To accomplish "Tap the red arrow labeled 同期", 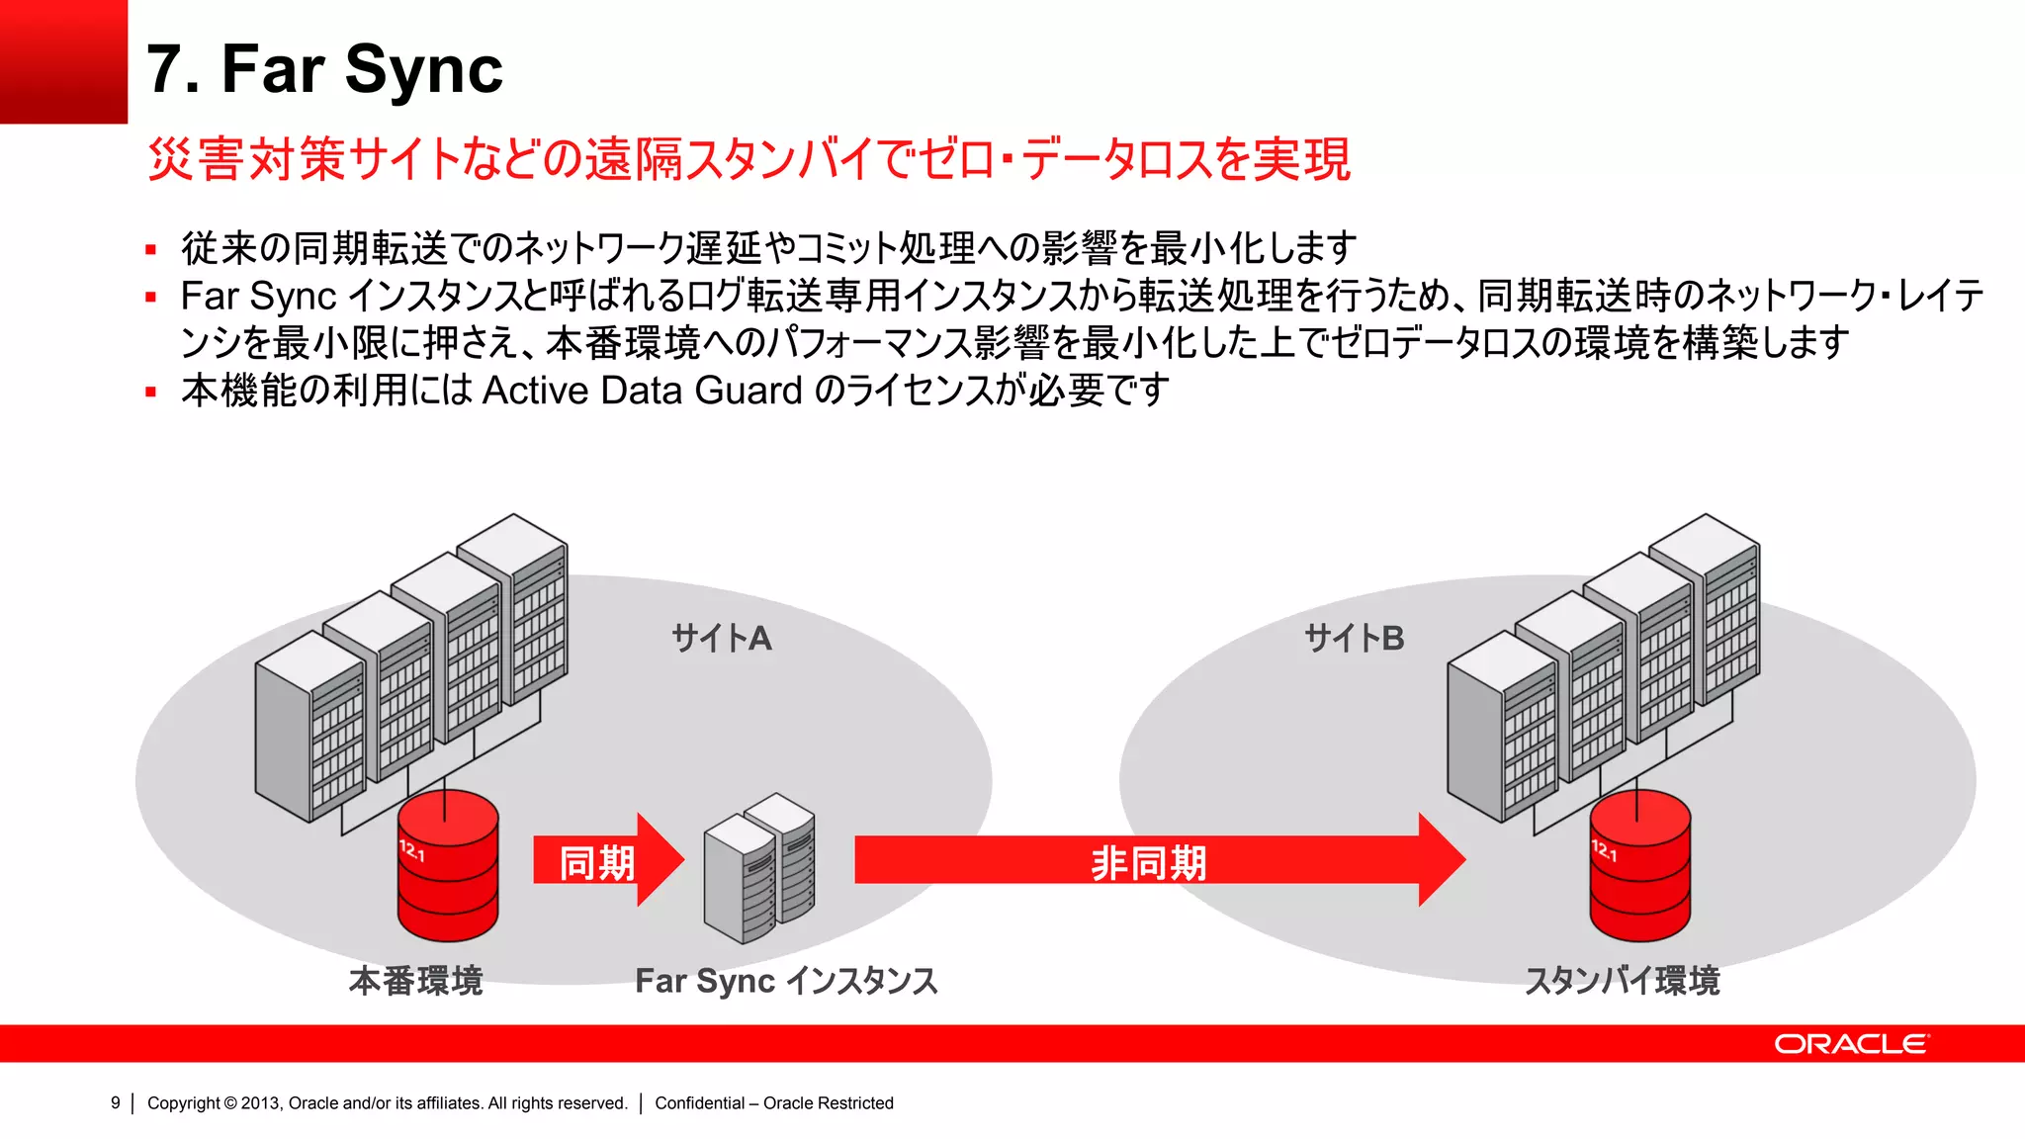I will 605,860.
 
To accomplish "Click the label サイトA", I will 722,639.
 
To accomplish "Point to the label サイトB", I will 1354,639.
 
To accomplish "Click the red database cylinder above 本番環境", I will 448,868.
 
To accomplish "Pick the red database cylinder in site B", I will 1639,868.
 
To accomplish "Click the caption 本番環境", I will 415,981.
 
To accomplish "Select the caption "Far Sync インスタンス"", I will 786,981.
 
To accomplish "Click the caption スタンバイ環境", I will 1622,981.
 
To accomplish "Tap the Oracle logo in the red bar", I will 1850,1044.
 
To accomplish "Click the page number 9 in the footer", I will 116,1103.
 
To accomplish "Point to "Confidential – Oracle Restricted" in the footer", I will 773,1103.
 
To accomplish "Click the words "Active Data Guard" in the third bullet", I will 643,392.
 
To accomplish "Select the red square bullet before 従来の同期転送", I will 151,250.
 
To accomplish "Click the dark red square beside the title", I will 63,61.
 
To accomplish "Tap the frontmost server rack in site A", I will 308,727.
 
